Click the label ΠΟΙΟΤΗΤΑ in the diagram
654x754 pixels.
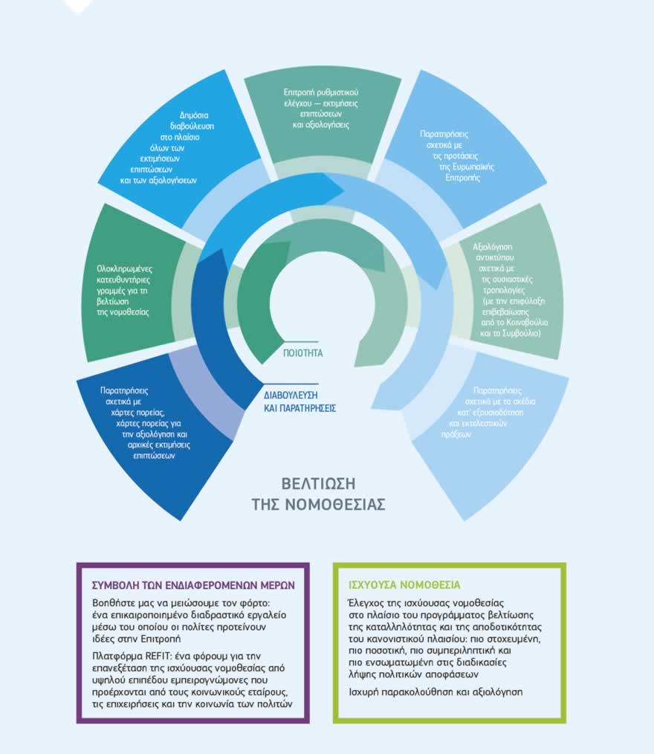click(303, 353)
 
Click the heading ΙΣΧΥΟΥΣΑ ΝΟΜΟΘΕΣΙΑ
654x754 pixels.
click(399, 584)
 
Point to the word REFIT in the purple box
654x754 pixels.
click(158, 655)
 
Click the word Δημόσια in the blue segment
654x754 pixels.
click(195, 116)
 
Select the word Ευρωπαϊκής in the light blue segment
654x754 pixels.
click(467, 167)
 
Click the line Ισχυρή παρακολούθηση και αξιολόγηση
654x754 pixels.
click(435, 692)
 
